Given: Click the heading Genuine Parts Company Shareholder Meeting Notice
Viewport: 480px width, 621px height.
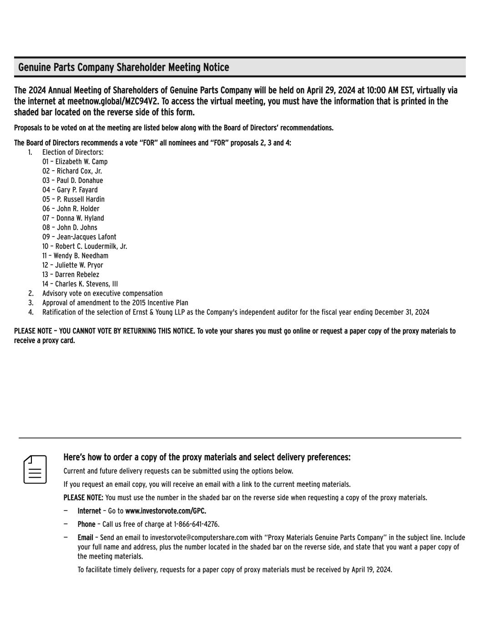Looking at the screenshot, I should (x=123, y=67).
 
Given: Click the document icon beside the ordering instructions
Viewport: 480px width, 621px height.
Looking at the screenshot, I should (x=35, y=470).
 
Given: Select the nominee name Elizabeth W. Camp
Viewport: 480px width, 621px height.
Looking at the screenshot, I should (x=81, y=162).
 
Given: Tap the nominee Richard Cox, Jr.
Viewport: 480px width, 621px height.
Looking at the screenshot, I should (x=79, y=171).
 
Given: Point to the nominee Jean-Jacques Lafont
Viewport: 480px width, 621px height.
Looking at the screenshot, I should (x=86, y=237).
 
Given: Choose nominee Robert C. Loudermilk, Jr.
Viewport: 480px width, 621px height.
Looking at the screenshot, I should (x=91, y=247).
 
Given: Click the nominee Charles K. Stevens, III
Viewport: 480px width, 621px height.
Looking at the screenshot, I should (x=86, y=284).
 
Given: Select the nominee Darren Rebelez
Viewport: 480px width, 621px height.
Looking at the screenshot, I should (x=77, y=275).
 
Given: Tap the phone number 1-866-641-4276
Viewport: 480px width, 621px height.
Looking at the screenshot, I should (x=196, y=524).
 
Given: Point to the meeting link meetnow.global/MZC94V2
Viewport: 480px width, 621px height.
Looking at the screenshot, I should (x=113, y=101).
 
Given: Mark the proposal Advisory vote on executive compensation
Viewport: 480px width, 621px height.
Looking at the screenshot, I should (x=102, y=293).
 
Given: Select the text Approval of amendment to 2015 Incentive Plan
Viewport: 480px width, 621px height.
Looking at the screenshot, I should (x=115, y=303).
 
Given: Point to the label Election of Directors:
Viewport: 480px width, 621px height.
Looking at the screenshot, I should (x=73, y=152).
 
